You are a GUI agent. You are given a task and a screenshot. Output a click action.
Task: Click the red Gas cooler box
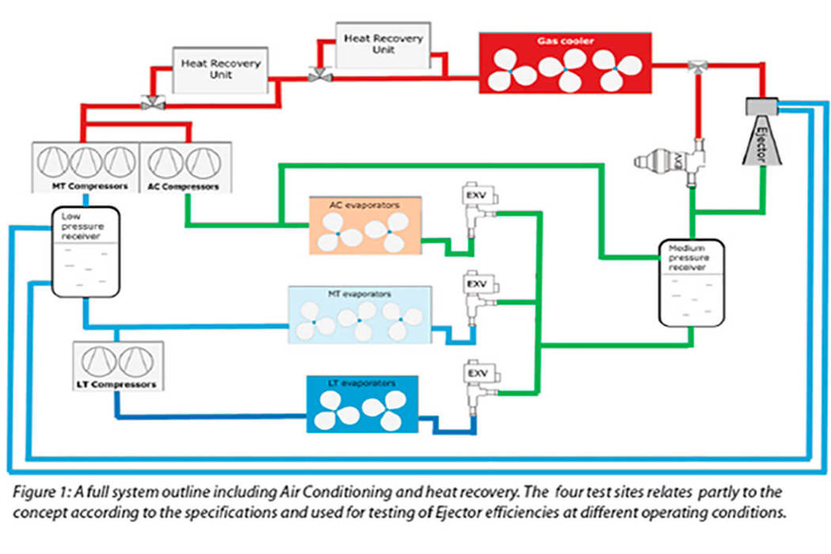pos(565,62)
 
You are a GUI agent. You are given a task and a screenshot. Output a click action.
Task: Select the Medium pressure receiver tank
pos(692,284)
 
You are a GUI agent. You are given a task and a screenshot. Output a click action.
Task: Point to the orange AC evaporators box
pos(365,226)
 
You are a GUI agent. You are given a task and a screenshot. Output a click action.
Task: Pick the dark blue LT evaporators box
pos(362,404)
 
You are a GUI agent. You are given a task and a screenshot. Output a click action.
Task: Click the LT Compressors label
pos(116,385)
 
